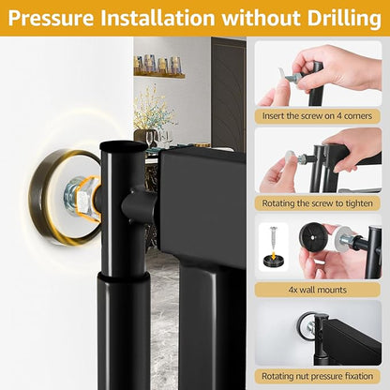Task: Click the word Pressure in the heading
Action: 51,18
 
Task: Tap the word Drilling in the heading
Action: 344,18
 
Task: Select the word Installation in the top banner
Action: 157,18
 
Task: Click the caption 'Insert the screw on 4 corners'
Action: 317,116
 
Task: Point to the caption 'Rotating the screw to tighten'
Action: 317,203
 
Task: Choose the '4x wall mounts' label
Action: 317,290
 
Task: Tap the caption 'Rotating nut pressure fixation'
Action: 317,376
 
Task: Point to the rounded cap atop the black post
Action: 123,146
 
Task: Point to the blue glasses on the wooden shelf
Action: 157,65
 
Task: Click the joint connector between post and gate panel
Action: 138,204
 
